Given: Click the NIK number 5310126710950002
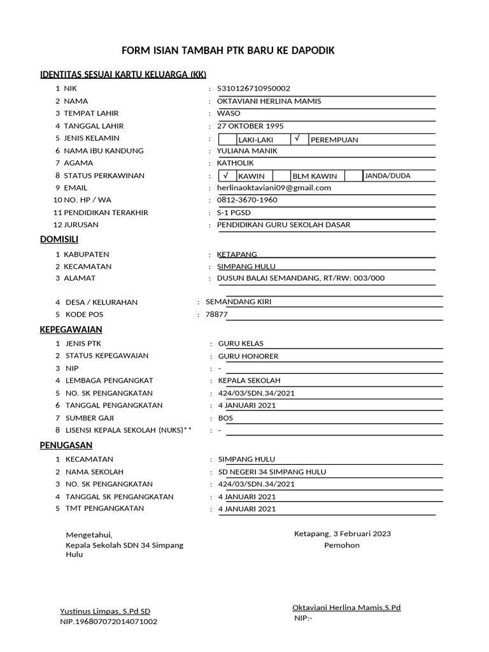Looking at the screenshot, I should tap(253, 89).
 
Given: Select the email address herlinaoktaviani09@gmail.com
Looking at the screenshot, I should tap(274, 188).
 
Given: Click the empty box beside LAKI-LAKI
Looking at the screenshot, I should tap(226, 139).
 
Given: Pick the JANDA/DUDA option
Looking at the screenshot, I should tap(387, 176).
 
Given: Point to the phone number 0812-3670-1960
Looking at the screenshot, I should tap(247, 200).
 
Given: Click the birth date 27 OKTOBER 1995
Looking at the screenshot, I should tap(250, 126).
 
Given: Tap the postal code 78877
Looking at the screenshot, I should tap(216, 315).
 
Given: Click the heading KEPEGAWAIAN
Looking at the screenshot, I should tap(71, 329).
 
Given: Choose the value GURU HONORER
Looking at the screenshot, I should tap(248, 357).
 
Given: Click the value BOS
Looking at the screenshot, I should tap(225, 418).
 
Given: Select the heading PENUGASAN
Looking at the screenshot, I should tap(66, 444).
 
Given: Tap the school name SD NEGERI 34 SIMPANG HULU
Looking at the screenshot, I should tap(272, 472).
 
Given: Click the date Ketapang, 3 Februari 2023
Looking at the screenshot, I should tap(343, 534).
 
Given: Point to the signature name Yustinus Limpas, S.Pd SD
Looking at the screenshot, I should tap(105, 611).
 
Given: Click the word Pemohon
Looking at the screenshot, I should tap(342, 545).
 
